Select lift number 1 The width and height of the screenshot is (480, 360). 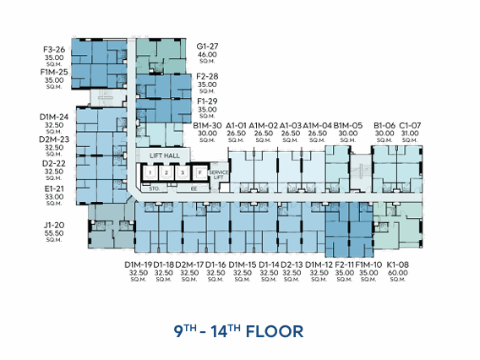(x=150, y=173)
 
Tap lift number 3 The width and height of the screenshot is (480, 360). (x=182, y=173)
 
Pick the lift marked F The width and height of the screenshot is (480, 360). (x=199, y=173)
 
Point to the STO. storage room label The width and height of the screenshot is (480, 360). (x=154, y=189)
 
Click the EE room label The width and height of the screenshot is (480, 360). (x=194, y=189)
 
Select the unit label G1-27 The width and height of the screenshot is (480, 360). (x=208, y=46)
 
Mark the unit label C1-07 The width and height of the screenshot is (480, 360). (x=411, y=125)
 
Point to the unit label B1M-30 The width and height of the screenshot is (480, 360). (x=207, y=125)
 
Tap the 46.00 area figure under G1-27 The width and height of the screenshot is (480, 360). (x=208, y=54)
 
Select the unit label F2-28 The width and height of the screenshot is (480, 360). (x=208, y=76)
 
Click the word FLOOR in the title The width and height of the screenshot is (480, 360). (x=274, y=330)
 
